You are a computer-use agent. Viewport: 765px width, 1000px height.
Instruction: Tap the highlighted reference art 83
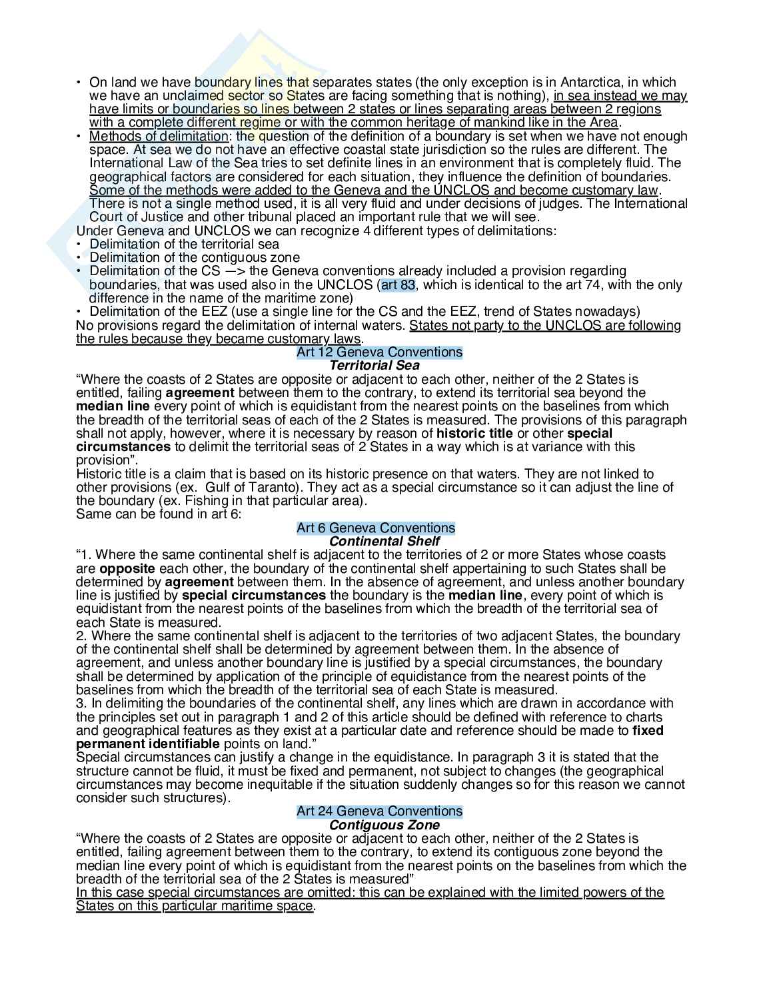click(x=398, y=285)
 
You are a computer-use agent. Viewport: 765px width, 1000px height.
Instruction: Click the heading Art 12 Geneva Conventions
click(x=379, y=352)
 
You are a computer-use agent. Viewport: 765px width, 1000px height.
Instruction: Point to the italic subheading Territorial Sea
click(x=375, y=365)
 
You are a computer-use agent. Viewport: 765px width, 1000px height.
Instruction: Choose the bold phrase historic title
click(x=474, y=433)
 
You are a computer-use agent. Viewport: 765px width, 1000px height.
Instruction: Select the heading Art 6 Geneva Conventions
click(x=376, y=528)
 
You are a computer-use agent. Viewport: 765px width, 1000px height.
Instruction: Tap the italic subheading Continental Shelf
click(x=384, y=541)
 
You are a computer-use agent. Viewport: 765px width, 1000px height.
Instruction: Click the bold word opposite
click(x=127, y=568)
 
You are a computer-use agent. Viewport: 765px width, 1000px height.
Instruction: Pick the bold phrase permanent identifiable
click(x=147, y=744)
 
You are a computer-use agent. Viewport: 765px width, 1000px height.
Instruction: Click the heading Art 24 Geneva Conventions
click(x=379, y=811)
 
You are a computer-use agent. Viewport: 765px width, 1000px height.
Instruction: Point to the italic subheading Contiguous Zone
click(x=384, y=825)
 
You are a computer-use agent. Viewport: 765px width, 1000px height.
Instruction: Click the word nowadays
click(x=609, y=311)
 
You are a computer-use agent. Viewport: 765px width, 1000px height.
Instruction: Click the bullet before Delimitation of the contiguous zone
click(x=79, y=258)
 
